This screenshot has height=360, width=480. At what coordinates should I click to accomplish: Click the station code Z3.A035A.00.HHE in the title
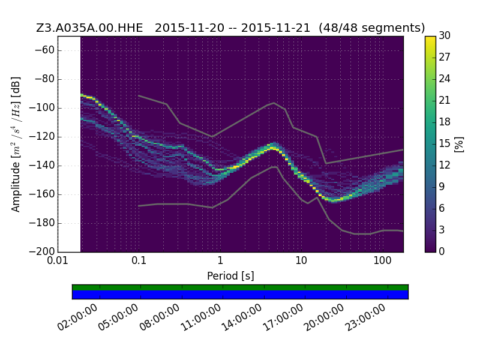[89, 28]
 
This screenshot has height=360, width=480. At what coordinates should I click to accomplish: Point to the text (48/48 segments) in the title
[371, 28]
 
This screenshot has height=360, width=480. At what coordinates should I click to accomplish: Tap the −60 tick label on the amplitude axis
[44, 50]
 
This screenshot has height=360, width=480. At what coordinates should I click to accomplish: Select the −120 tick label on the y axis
[41, 137]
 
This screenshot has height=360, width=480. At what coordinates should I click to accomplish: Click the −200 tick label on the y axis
[41, 251]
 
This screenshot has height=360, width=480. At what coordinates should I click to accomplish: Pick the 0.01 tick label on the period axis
[58, 260]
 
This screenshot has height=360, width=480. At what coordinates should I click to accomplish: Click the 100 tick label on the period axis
[382, 260]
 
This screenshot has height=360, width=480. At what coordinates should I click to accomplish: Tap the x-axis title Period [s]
[230, 276]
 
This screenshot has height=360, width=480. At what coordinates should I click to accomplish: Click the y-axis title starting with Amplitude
[16, 144]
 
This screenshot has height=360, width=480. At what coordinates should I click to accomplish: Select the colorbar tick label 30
[445, 35]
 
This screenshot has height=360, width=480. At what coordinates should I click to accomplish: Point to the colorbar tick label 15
[445, 143]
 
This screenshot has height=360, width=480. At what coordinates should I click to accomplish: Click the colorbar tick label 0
[442, 251]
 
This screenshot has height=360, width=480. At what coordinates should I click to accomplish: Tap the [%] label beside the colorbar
[459, 144]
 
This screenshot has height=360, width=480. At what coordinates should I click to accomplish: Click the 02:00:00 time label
[77, 317]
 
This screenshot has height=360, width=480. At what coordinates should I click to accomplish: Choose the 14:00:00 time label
[242, 317]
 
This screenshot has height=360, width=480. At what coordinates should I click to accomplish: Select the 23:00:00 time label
[365, 317]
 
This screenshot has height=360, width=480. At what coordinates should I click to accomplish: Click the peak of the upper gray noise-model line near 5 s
[274, 103]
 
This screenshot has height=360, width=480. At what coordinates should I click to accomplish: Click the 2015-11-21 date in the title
[275, 28]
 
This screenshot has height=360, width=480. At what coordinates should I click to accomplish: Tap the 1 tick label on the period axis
[220, 260]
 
